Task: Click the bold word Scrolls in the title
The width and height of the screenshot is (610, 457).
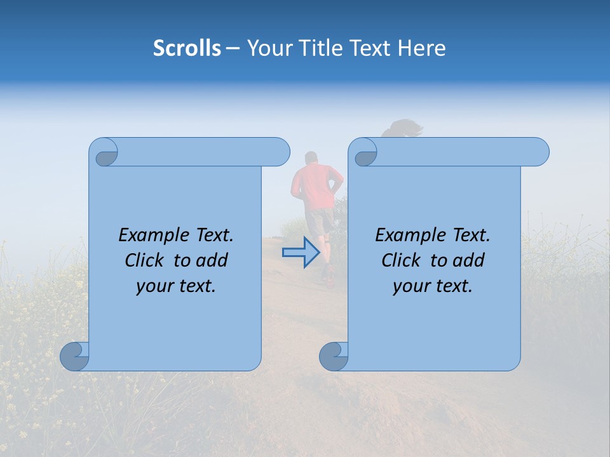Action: point(187,48)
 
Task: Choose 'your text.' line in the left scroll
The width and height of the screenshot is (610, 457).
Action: point(176,286)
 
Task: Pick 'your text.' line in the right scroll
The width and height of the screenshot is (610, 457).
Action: point(433,286)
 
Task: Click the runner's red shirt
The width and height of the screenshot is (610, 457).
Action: point(314,185)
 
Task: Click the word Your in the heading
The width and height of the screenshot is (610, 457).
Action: point(269,48)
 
